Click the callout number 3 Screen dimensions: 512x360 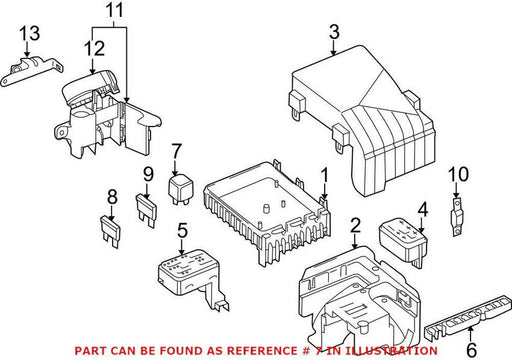(x=334, y=32)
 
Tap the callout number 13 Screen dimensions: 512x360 (x=29, y=33)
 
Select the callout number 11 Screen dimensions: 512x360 (x=114, y=10)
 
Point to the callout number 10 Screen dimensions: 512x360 (x=458, y=174)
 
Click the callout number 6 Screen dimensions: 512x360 (x=471, y=350)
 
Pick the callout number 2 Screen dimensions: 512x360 (x=356, y=225)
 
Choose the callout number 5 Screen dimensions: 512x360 (x=182, y=231)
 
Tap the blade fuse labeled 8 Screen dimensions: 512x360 (x=110, y=232)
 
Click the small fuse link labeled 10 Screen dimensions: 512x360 (x=457, y=217)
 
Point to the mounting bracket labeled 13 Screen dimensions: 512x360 (x=32, y=70)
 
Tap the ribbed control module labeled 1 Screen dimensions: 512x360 (x=267, y=213)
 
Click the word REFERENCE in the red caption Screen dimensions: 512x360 (x=261, y=351)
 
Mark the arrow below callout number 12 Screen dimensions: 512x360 (x=93, y=66)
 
